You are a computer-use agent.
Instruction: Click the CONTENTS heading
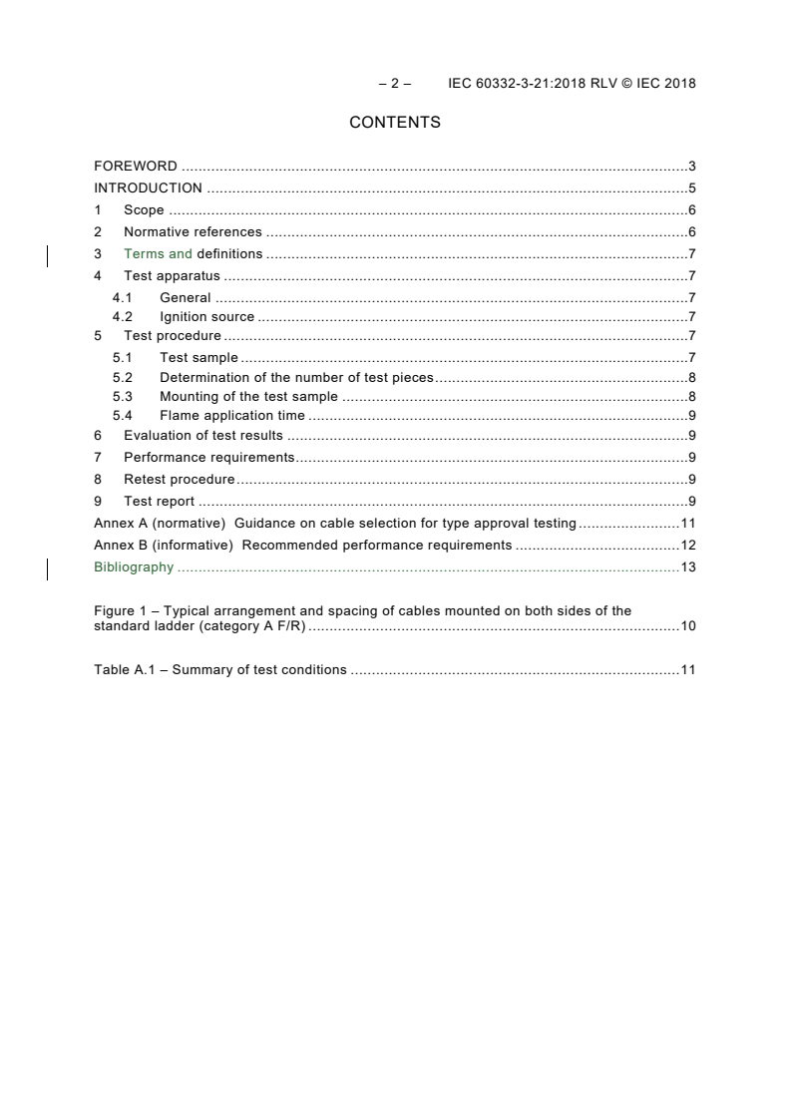pyautogui.click(x=395, y=123)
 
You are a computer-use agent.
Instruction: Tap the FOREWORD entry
pyautogui.click(x=136, y=167)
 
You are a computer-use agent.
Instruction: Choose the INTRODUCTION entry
pyautogui.click(x=148, y=188)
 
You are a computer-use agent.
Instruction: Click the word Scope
pyautogui.click(x=144, y=210)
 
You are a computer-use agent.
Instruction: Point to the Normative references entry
pyautogui.click(x=193, y=232)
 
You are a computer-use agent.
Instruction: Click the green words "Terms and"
pyautogui.click(x=158, y=254)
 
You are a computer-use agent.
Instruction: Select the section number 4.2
pyautogui.click(x=122, y=318)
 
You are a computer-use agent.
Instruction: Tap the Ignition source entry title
pyautogui.click(x=206, y=318)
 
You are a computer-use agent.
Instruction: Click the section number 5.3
pyautogui.click(x=122, y=397)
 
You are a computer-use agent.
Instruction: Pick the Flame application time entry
pyautogui.click(x=232, y=416)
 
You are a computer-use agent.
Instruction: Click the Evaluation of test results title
pyautogui.click(x=203, y=436)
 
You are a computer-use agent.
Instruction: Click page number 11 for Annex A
pyautogui.click(x=687, y=524)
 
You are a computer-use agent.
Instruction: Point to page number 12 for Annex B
pyautogui.click(x=687, y=546)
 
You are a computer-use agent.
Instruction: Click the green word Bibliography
pyautogui.click(x=134, y=567)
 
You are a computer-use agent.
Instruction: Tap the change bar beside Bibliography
pyautogui.click(x=49, y=568)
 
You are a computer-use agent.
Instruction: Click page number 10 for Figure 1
pyautogui.click(x=687, y=626)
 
